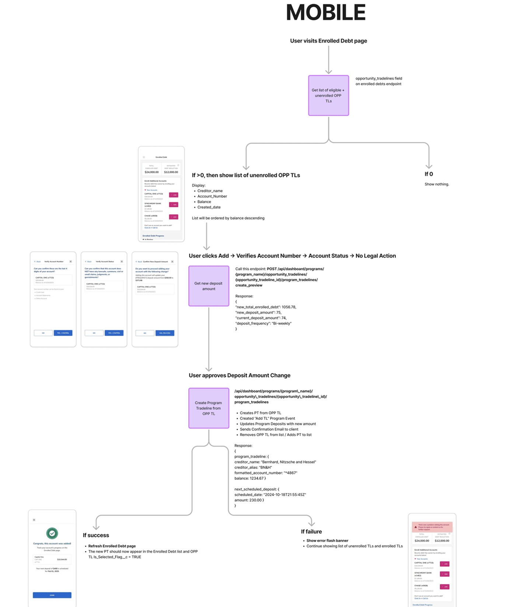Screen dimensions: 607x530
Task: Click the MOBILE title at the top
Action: [326, 13]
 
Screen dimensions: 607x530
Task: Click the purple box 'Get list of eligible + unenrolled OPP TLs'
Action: [328, 95]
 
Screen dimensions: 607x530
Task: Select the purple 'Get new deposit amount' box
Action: [209, 286]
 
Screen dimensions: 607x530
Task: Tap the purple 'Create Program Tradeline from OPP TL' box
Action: [209, 408]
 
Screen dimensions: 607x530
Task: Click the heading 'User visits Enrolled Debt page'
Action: [328, 41]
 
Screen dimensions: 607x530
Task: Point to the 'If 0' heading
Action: [429, 174]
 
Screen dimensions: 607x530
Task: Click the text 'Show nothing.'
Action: [437, 184]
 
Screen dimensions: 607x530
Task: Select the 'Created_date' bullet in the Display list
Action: [209, 207]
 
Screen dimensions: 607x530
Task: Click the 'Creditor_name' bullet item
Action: [210, 191]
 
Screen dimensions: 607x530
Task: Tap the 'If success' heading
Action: [96, 535]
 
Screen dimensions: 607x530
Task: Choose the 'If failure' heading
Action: [311, 531]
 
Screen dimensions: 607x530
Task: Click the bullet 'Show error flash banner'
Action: [327, 541]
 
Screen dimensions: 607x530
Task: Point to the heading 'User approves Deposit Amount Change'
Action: [240, 375]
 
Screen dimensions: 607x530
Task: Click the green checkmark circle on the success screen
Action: [52, 533]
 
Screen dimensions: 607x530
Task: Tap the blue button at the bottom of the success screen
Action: [52, 595]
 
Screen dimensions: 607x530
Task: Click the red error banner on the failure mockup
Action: [432, 527]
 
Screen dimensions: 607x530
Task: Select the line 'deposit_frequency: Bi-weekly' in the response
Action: [264, 323]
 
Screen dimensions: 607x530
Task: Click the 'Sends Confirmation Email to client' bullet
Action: [269, 429]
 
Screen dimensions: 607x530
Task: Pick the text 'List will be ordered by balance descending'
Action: [228, 218]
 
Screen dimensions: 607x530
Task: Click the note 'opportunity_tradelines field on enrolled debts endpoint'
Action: [379, 81]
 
